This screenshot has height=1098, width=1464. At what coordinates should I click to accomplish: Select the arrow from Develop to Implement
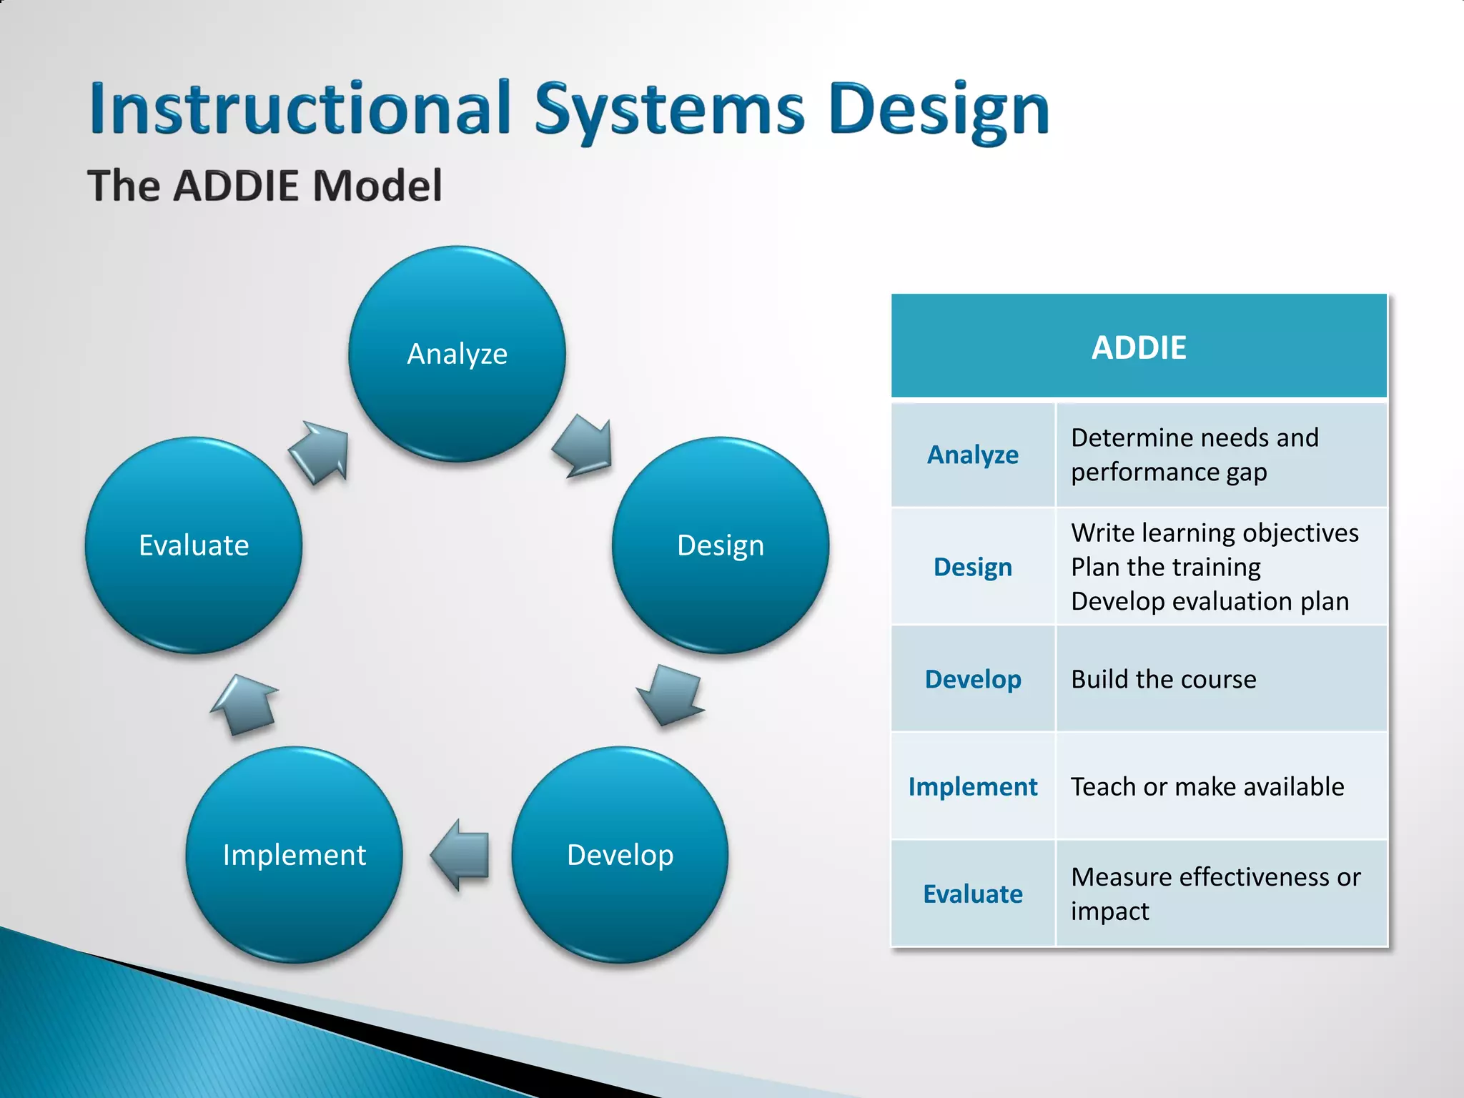(462, 855)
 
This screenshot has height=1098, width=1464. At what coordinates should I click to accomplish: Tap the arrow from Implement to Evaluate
(245, 704)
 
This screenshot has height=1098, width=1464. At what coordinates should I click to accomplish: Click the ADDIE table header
(1139, 347)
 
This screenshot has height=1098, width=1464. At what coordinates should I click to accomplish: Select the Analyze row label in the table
(972, 455)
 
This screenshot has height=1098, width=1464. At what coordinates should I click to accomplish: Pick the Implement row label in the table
(972, 786)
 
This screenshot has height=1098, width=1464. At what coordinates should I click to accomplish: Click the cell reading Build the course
(1163, 679)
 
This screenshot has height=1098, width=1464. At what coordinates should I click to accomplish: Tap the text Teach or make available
(1207, 786)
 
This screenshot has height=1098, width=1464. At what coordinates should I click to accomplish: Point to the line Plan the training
(1165, 567)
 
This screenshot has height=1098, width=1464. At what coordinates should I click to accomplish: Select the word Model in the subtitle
(377, 186)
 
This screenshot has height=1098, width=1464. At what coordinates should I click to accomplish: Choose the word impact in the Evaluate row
(1109, 911)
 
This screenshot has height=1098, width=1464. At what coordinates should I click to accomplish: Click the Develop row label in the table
(972, 679)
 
